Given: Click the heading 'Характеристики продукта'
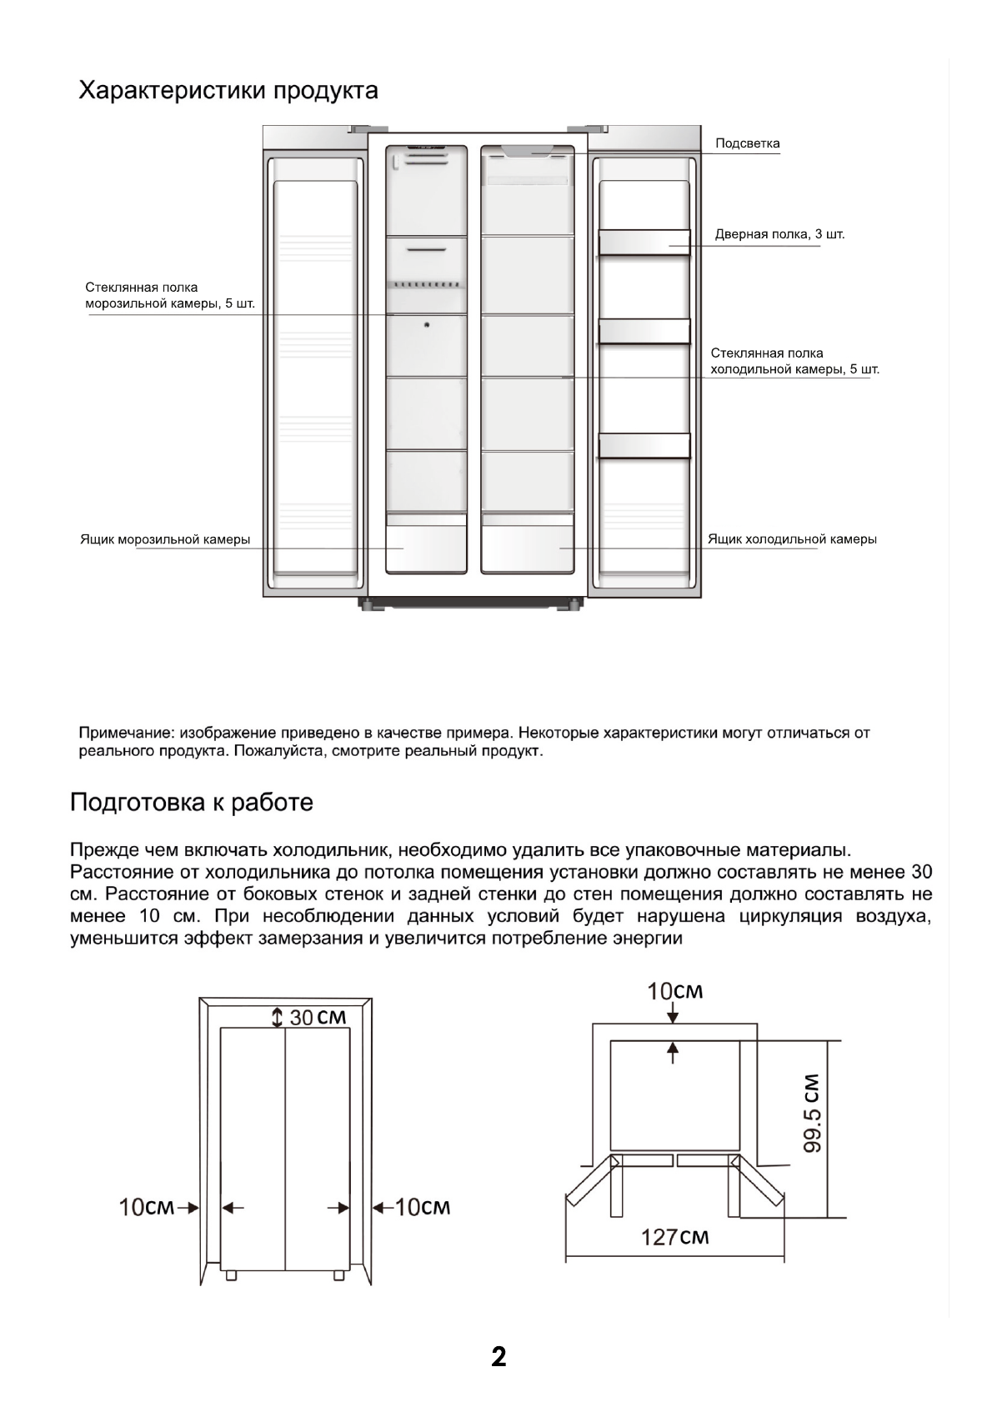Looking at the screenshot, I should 228,90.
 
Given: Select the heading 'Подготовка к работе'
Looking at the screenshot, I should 192,802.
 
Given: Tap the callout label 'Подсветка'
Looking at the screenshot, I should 748,143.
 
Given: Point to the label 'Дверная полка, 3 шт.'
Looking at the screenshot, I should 779,234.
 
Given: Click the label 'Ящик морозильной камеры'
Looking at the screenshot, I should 165,539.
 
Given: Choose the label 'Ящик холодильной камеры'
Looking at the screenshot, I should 792,539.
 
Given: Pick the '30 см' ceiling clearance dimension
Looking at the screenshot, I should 318,1017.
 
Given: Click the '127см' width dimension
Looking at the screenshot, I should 674,1237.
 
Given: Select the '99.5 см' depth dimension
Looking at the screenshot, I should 813,1113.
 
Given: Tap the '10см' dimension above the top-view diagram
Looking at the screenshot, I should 675,991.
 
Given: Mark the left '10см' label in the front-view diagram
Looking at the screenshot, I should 147,1207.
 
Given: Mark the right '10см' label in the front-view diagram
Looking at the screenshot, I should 422,1207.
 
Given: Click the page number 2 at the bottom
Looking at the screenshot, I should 499,1358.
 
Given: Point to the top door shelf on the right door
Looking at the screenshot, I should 644,242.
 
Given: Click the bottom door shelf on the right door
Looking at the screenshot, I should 644,446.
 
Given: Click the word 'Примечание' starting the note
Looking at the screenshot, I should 124,734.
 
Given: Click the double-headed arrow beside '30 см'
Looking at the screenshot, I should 278,1017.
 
